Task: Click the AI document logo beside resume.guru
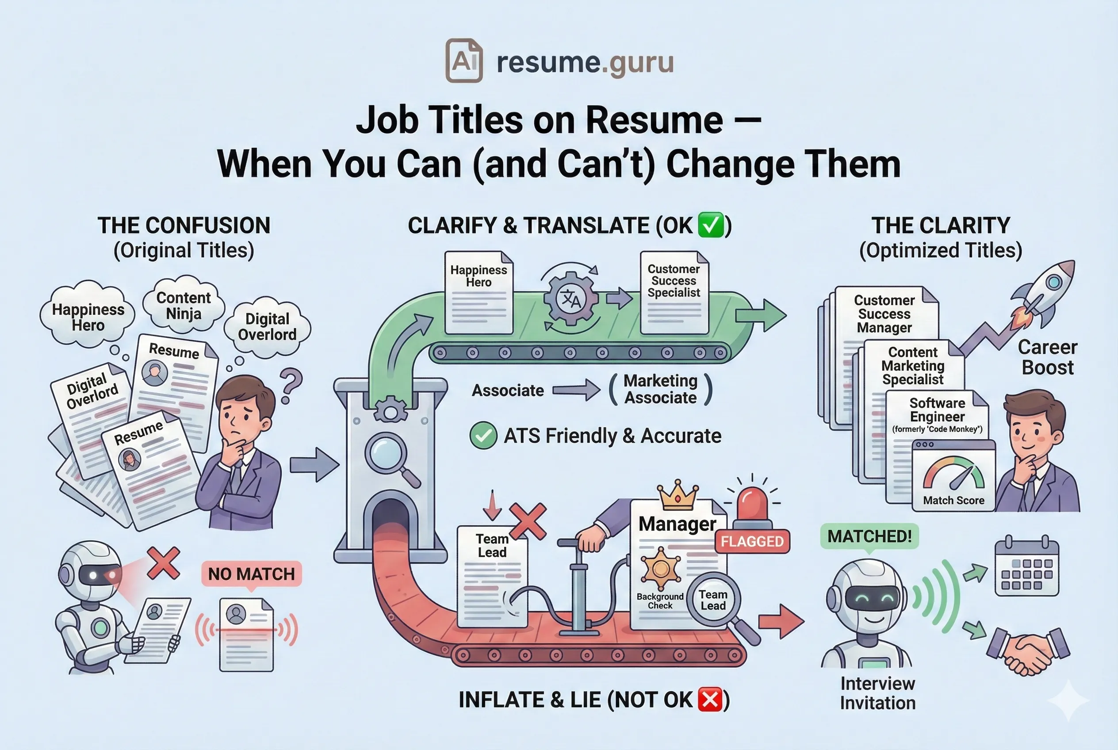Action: (463, 61)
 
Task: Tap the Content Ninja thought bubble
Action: (184, 305)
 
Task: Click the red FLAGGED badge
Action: (752, 541)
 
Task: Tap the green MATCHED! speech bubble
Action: (869, 536)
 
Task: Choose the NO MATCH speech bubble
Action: (252, 574)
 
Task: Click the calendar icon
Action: (1026, 569)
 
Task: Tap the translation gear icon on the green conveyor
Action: (571, 299)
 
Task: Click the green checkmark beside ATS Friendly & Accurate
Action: (483, 435)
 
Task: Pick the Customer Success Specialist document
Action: (674, 293)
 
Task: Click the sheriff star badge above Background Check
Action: (660, 569)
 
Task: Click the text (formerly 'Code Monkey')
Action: (937, 429)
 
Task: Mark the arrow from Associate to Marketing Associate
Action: (576, 390)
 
